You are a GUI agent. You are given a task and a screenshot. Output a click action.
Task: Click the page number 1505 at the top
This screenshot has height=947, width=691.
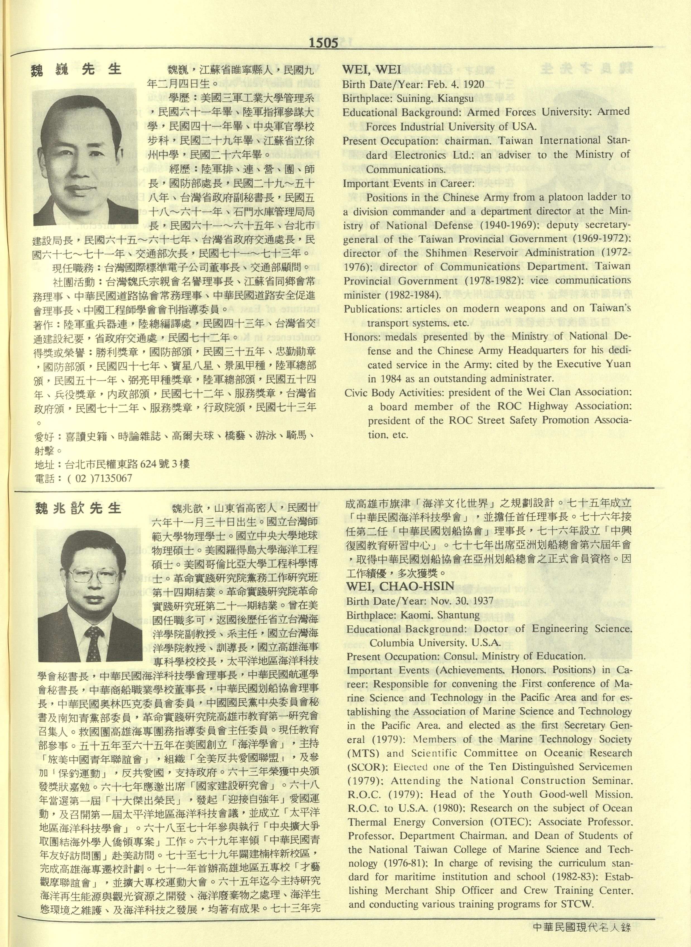click(323, 43)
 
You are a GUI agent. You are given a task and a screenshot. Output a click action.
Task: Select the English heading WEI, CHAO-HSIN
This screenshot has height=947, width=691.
click(400, 586)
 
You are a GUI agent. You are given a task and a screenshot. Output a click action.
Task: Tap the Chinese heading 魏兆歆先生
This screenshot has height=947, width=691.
click(78, 509)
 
